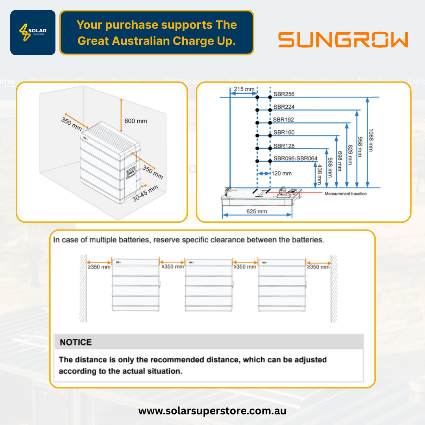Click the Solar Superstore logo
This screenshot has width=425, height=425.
pos(33,32)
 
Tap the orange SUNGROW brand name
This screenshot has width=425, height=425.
pos(343,40)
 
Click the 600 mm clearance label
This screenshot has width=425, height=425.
pos(136,121)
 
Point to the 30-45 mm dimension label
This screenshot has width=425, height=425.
pos(145,193)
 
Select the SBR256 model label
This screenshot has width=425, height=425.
pos(284,94)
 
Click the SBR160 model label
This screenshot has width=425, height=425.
pos(284,133)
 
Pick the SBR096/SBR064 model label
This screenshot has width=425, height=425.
pos(295,159)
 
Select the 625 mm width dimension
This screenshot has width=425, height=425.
pos(257,211)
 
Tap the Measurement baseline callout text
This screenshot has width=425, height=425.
pos(346,194)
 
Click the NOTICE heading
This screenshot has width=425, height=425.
pos(76,342)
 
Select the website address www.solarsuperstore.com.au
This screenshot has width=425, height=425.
pos(212,411)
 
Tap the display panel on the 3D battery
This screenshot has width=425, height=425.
pos(130,173)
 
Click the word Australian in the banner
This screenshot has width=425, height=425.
pos(130,41)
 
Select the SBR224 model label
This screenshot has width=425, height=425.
pos(284,107)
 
